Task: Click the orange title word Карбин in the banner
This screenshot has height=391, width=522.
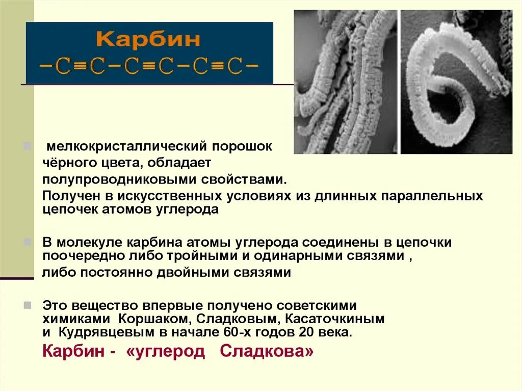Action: (x=149, y=40)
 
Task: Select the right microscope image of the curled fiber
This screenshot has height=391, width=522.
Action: (x=456, y=82)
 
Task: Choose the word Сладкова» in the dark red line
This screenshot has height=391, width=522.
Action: (x=268, y=352)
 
